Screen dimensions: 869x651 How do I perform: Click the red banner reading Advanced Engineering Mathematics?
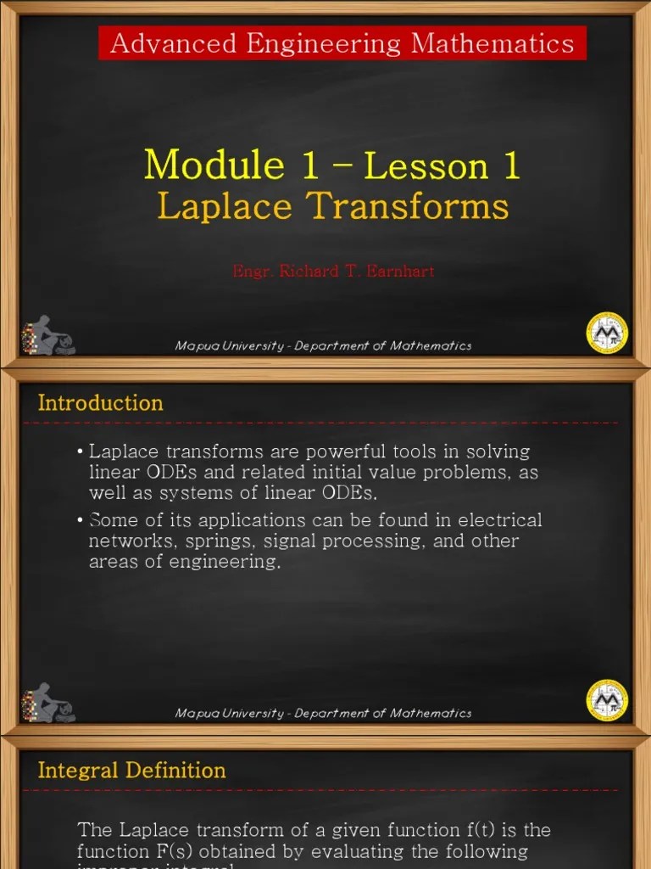[342, 42]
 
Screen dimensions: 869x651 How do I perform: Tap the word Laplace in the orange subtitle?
[219, 206]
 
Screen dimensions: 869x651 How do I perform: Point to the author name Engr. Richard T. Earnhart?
[333, 272]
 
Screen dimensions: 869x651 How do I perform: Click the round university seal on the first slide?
[607, 333]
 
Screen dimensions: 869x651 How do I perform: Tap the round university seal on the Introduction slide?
[607, 700]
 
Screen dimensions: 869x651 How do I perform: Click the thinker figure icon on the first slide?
[49, 335]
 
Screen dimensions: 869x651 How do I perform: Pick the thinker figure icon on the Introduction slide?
[49, 703]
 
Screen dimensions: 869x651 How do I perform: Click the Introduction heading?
[100, 403]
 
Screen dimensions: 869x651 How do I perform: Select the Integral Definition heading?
[131, 771]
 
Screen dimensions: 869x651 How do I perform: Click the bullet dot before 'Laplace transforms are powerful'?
[80, 451]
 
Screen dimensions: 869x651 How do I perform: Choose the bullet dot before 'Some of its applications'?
[80, 520]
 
